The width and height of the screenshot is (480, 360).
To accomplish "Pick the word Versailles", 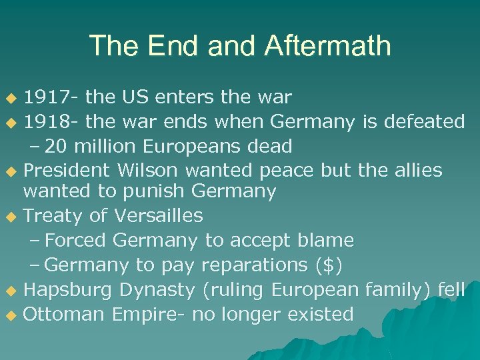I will pyautogui.click(x=159, y=216).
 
